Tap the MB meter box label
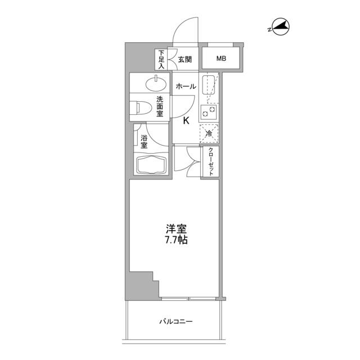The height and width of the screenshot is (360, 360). pyautogui.click(x=223, y=58)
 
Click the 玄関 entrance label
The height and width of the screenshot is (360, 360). pyautogui.click(x=186, y=58)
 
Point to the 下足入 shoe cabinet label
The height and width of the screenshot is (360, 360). pyautogui.click(x=161, y=59)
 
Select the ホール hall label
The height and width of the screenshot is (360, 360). pyautogui.click(x=186, y=87)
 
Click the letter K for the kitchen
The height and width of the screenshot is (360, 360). pyautogui.click(x=186, y=120)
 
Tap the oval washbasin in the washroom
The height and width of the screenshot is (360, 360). pyautogui.click(x=155, y=85)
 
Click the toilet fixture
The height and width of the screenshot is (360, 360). pyautogui.click(x=141, y=107)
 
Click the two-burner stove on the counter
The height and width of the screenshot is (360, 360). pyautogui.click(x=209, y=111)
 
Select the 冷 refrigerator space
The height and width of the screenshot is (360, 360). pyautogui.click(x=209, y=133)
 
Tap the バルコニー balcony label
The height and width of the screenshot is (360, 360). pyautogui.click(x=175, y=322)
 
